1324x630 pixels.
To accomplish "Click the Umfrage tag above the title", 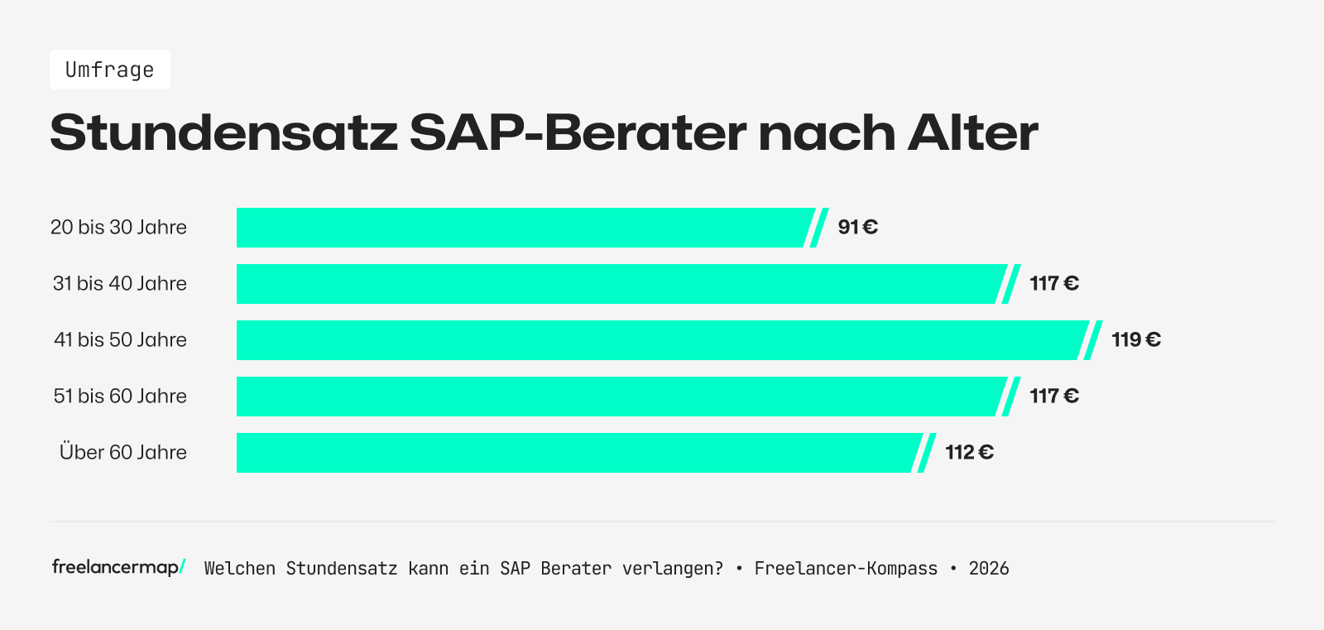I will [x=109, y=70].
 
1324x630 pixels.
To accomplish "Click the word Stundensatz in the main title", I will [x=223, y=132].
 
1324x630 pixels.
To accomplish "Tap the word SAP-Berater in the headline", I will [x=578, y=132].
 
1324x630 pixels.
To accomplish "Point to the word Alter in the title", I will [x=972, y=132].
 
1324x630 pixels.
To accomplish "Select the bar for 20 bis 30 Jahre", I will [x=521, y=228].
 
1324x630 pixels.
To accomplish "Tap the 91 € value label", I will [x=857, y=227].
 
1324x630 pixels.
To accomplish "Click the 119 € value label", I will [x=1135, y=339].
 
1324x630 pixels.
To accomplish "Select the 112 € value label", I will [x=969, y=452].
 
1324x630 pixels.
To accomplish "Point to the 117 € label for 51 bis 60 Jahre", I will [x=1053, y=396].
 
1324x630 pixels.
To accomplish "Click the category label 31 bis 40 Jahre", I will [x=120, y=284].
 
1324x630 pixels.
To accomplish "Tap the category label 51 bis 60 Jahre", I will [x=120, y=397].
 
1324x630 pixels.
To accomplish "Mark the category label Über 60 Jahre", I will [x=123, y=453].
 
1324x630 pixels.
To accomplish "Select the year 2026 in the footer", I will [x=989, y=569].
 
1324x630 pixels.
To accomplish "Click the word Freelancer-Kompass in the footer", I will [x=846, y=569].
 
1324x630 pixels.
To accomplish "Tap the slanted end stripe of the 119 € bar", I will [x=1093, y=340].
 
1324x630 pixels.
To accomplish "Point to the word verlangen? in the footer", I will [x=672, y=569].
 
